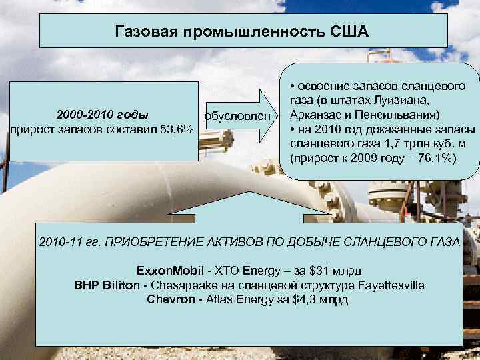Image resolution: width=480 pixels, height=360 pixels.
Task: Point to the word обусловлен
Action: click(239, 116)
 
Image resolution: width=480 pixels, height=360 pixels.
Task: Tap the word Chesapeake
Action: click(186, 285)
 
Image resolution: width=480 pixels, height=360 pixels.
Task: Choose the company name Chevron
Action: click(167, 299)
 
